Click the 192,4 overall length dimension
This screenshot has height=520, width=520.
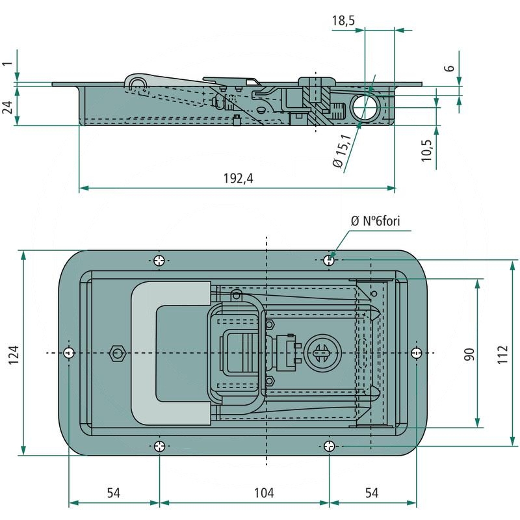[237, 179]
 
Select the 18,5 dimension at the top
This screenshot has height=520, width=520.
[343, 21]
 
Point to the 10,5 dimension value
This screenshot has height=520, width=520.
[427, 149]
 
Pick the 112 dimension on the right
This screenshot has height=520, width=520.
[502, 354]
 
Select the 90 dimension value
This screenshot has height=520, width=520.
[470, 354]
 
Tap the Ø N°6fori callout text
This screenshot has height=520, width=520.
[376, 222]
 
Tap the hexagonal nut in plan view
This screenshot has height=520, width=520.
[116, 353]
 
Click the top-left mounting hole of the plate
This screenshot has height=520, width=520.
[160, 261]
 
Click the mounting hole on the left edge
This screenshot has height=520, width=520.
[69, 352]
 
